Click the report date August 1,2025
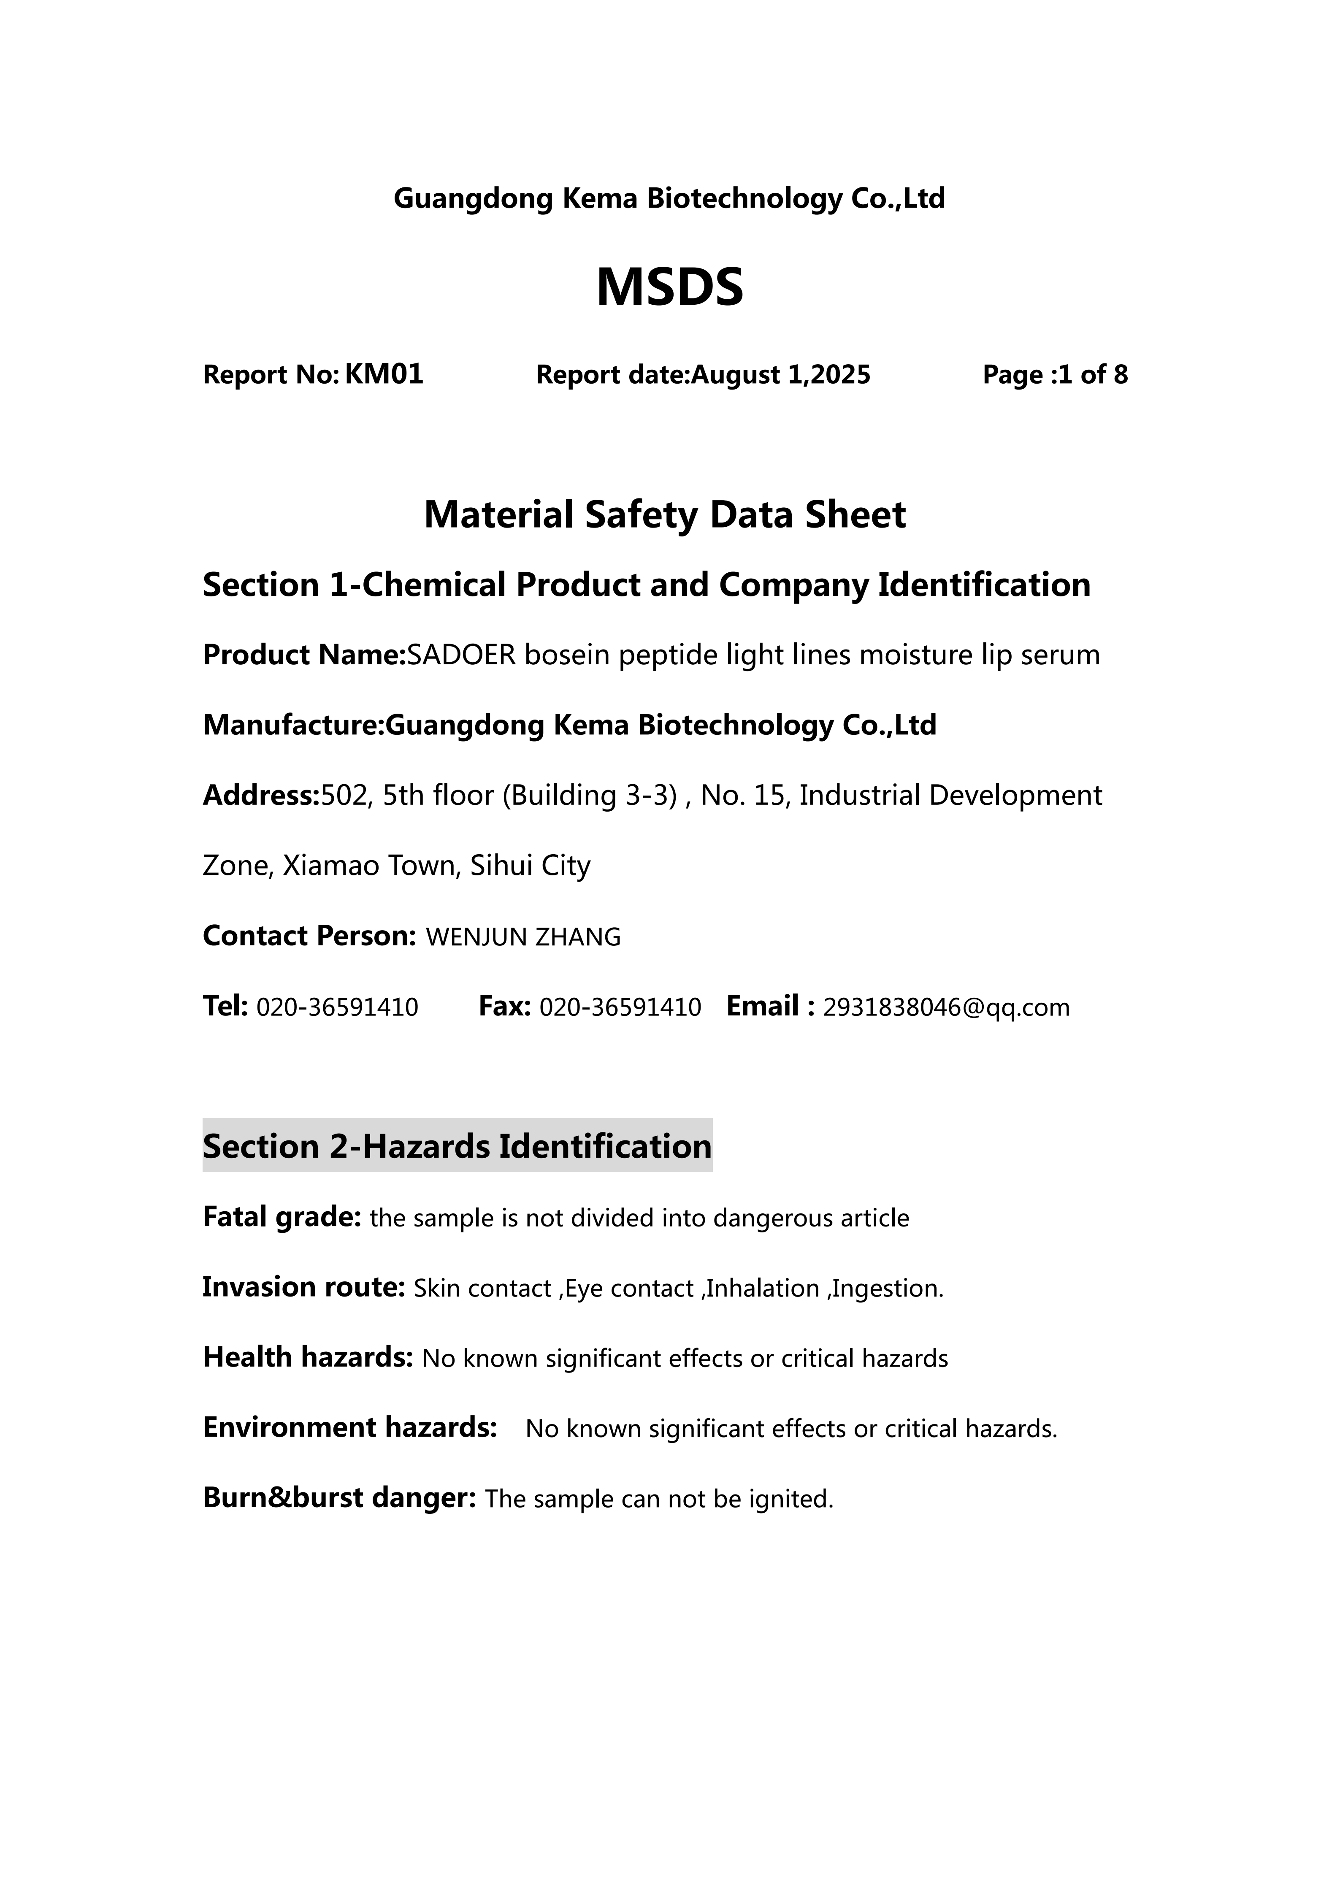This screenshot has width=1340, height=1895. pyautogui.click(x=780, y=376)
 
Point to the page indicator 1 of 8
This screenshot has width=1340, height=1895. pyautogui.click(x=1092, y=376)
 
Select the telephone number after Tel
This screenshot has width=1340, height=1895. pyautogui.click(x=338, y=1008)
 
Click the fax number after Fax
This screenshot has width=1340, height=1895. pyautogui.click(x=620, y=1008)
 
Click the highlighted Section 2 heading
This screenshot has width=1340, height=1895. pyautogui.click(x=457, y=1146)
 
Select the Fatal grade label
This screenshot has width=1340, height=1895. pyautogui.click(x=282, y=1217)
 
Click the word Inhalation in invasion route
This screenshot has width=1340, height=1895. pyautogui.click(x=762, y=1289)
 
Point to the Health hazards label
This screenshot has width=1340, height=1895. pyautogui.click(x=307, y=1358)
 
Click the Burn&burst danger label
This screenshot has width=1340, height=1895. pyautogui.click(x=339, y=1498)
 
